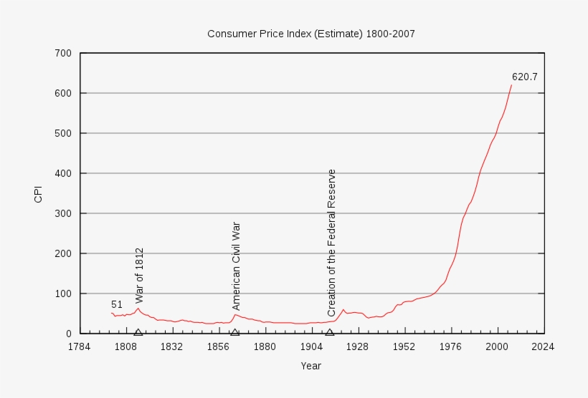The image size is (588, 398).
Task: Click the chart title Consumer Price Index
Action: [310, 34]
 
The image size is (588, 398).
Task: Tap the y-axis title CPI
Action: [39, 193]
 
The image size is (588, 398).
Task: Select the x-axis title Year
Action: [310, 366]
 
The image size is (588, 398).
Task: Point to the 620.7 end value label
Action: [524, 77]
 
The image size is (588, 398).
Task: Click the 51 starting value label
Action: [117, 304]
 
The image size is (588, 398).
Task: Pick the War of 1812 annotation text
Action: [140, 276]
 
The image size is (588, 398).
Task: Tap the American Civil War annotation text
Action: [236, 266]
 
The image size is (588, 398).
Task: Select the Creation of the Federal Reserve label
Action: [331, 243]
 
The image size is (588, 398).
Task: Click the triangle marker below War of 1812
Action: [138, 331]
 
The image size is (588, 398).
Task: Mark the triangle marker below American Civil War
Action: [234, 331]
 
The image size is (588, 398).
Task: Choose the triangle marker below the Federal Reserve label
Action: [330, 331]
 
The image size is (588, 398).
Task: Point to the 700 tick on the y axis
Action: [62, 53]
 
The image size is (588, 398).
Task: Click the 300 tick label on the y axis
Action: [62, 213]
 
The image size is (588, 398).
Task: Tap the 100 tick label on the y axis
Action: [62, 293]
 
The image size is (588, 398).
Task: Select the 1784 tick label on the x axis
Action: [80, 346]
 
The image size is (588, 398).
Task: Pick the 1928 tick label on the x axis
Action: [358, 346]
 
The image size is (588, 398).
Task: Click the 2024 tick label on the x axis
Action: [544, 346]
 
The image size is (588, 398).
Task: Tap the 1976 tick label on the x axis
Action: [451, 346]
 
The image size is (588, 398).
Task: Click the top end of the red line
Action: [511, 85]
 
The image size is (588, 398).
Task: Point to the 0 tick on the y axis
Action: [68, 334]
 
